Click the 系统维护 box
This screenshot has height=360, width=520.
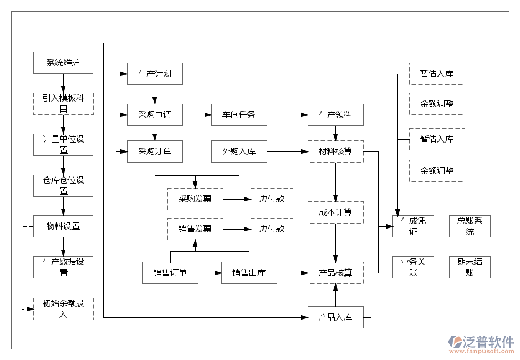click(63, 63)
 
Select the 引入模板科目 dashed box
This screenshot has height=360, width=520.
click(63, 103)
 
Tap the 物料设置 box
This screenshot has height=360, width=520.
click(63, 226)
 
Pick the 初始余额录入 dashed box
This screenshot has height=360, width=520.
click(63, 308)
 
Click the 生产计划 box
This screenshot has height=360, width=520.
click(155, 73)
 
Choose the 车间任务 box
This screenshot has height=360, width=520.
click(239, 115)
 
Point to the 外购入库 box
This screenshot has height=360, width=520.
click(239, 151)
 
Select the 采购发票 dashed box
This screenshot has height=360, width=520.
click(195, 199)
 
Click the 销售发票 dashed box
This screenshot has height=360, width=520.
click(195, 229)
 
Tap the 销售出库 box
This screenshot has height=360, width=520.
click(249, 272)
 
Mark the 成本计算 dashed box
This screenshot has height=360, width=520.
click(335, 212)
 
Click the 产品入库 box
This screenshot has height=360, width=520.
click(335, 317)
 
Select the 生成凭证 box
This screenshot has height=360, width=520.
click(413, 226)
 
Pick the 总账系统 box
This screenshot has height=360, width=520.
click(470, 226)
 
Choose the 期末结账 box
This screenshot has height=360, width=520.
click(470, 267)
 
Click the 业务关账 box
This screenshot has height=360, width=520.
click(413, 267)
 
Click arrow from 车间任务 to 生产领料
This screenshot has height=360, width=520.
click(287, 115)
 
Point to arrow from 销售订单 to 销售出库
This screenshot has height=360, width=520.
click(210, 272)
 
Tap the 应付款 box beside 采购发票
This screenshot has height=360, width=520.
click(272, 199)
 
